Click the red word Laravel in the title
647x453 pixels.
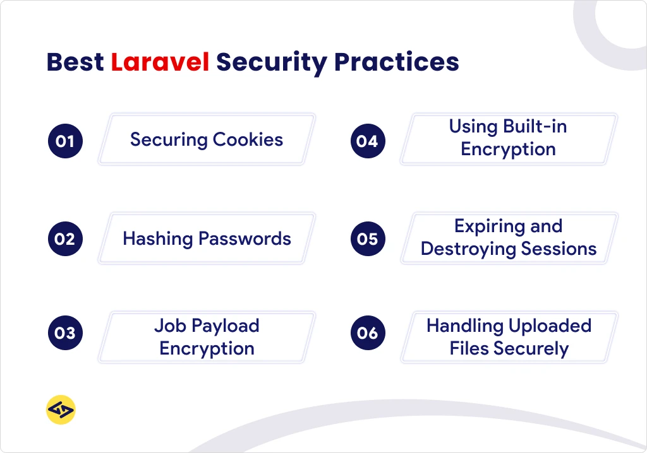160,62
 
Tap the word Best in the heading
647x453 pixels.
75,62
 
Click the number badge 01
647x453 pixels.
65,141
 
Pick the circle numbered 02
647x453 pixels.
65,239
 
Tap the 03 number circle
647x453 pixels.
65,332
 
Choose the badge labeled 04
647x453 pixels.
367,141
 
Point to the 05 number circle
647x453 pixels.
367,239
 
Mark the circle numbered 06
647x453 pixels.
367,332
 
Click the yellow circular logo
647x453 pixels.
61,411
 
